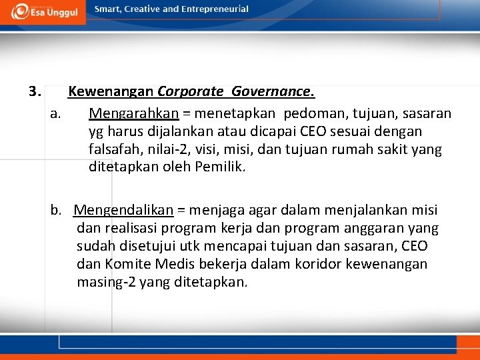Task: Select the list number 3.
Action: point(35,90)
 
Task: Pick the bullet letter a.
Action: point(57,114)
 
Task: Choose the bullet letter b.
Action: point(57,211)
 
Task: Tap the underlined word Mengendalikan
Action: point(123,211)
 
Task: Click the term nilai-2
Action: point(163,149)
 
